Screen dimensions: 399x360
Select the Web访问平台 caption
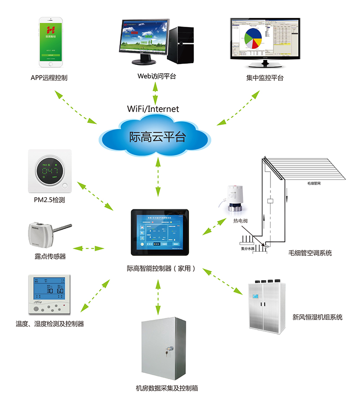coord(156,76)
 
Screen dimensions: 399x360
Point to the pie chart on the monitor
coord(252,39)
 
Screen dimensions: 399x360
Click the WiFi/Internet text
coord(153,109)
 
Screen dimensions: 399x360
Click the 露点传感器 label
coord(50,256)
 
